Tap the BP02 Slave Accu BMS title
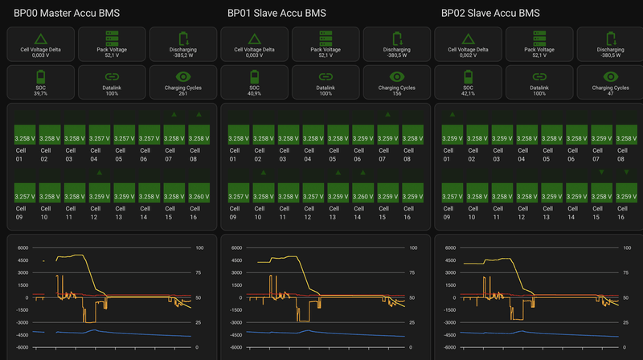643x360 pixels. pyautogui.click(x=489, y=13)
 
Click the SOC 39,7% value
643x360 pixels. pyautogui.click(x=40, y=93)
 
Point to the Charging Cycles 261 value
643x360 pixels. pyautogui.click(x=183, y=93)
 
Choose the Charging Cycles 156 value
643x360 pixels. pyautogui.click(x=397, y=93)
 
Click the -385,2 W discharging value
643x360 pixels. pyautogui.click(x=183, y=55)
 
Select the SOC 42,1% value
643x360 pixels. pyautogui.click(x=468, y=93)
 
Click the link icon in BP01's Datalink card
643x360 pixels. pyautogui.click(x=326, y=76)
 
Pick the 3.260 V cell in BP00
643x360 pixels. pyautogui.click(x=199, y=195)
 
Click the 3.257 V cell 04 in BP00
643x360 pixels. pyautogui.click(x=100, y=138)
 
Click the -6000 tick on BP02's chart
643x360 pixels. pyautogui.click(x=448, y=347)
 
